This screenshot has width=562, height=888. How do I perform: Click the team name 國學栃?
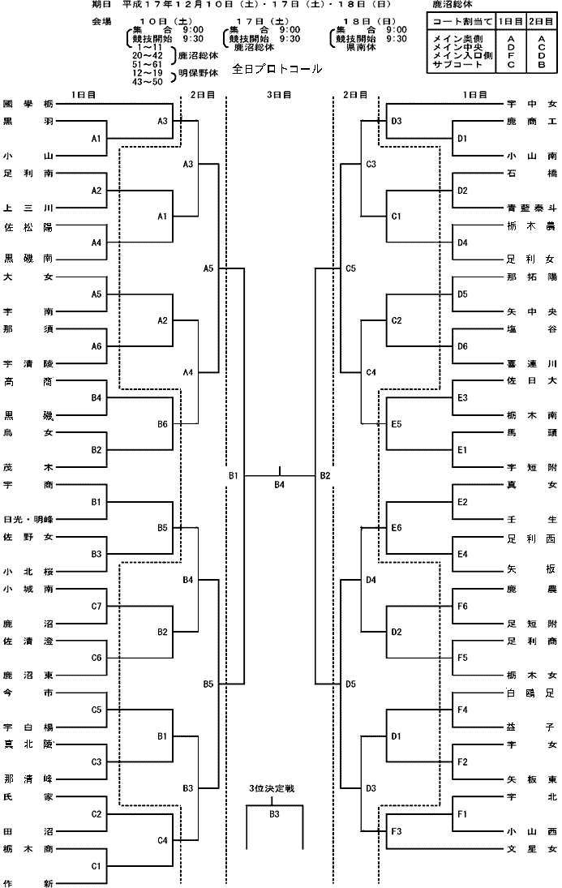coord(28,104)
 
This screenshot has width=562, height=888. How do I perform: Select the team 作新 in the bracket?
coord(28,883)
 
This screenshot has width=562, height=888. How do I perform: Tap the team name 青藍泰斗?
coord(532,208)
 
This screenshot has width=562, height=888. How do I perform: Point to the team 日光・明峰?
coord(28,519)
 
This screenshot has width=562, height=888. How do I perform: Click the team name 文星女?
coord(532,849)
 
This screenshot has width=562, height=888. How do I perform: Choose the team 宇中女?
coord(532,104)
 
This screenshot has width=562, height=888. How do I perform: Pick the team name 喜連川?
coord(532,363)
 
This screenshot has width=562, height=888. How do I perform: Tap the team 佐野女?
coord(28,537)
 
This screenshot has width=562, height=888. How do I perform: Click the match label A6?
coord(97,346)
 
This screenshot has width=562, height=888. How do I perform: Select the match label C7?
coord(97,607)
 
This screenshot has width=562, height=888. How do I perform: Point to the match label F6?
coord(462,607)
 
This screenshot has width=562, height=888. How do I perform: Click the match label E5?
coord(397,424)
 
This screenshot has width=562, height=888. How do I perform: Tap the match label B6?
coord(162,424)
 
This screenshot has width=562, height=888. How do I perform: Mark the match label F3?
coord(397,831)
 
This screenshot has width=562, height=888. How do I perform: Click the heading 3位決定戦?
coord(272,788)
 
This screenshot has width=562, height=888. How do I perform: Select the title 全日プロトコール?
coord(277,69)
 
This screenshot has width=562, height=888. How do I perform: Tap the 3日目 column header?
coord(279,95)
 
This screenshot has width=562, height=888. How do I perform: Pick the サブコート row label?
coord(457,65)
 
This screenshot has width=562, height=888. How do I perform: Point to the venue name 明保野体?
coord(199,73)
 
